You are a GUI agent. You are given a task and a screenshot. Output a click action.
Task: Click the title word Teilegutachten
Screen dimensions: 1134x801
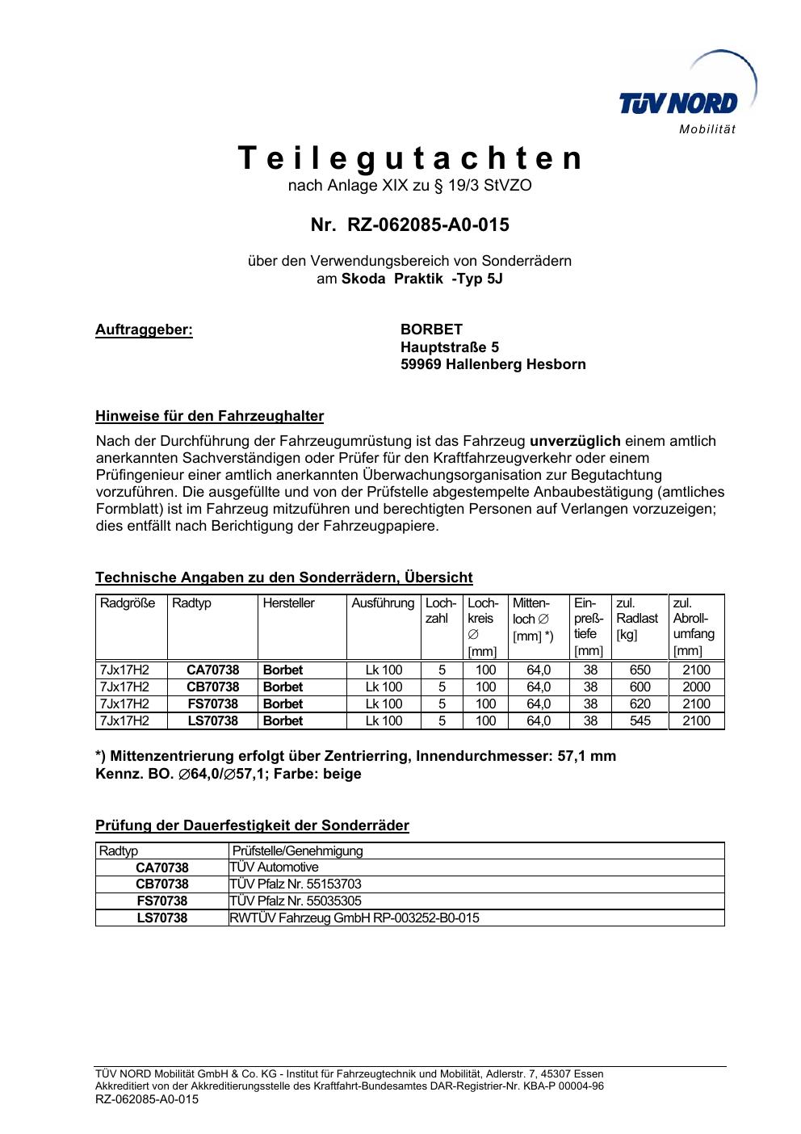point(410,158)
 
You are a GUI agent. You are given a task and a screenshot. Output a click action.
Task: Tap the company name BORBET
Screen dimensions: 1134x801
point(431,330)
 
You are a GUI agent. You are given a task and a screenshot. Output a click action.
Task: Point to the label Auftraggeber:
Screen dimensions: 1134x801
point(144,330)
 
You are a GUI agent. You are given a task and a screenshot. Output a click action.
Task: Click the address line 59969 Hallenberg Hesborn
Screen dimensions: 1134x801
point(493,364)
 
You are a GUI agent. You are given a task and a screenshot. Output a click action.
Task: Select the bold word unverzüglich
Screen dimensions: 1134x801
point(575,441)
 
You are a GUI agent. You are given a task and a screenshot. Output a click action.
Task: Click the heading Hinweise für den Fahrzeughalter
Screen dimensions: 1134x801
point(209,416)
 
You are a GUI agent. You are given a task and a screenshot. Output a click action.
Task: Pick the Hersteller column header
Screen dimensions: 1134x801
point(288,603)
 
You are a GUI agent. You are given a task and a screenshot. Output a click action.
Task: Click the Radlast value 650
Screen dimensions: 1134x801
point(640,670)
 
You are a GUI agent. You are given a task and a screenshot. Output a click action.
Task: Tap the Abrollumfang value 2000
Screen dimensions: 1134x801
point(696,687)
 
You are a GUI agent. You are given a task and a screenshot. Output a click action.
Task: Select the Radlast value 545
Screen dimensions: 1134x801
point(640,720)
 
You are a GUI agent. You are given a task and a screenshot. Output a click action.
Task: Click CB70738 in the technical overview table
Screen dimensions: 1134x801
point(212,687)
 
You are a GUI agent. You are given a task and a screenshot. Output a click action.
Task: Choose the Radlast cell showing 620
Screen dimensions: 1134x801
point(640,703)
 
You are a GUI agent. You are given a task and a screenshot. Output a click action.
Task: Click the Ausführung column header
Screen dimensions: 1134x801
point(383,603)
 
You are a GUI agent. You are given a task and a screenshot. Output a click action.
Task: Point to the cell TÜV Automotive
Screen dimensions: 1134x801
point(275,867)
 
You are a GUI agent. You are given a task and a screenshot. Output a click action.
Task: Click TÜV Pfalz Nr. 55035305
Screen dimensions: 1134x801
point(296,901)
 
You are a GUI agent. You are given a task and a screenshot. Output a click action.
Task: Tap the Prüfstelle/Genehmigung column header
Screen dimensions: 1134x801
point(298,850)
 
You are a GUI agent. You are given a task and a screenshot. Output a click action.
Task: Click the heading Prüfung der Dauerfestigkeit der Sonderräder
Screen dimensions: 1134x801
point(252,825)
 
